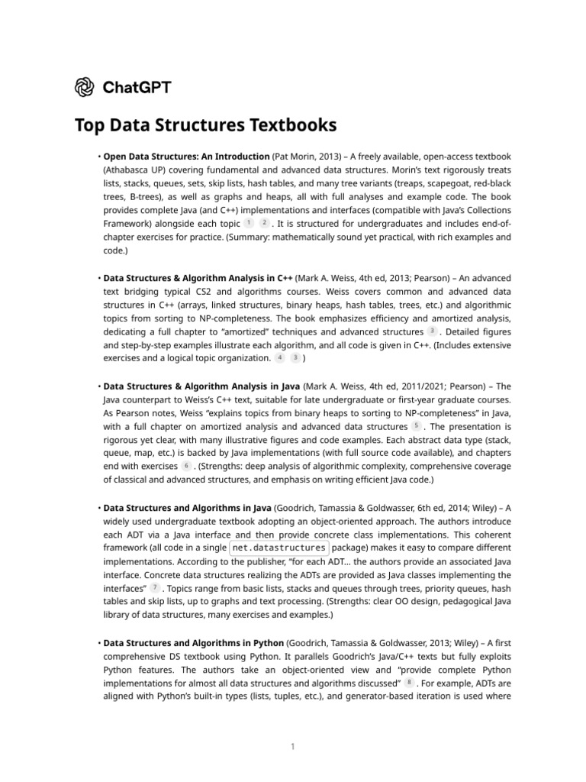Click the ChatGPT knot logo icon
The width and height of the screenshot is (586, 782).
85,88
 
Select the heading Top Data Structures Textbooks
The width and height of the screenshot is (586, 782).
205,124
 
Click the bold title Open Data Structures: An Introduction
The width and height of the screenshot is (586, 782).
186,156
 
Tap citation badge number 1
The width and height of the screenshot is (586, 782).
249,223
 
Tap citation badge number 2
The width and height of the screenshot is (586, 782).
264,223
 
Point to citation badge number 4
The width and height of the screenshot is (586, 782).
280,357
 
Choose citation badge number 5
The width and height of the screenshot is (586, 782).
417,426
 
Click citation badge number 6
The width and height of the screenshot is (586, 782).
187,466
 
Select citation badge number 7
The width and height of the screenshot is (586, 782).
156,588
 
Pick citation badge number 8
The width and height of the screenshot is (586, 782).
411,682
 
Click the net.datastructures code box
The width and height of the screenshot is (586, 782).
279,548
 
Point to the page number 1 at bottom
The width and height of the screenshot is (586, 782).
292,747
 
